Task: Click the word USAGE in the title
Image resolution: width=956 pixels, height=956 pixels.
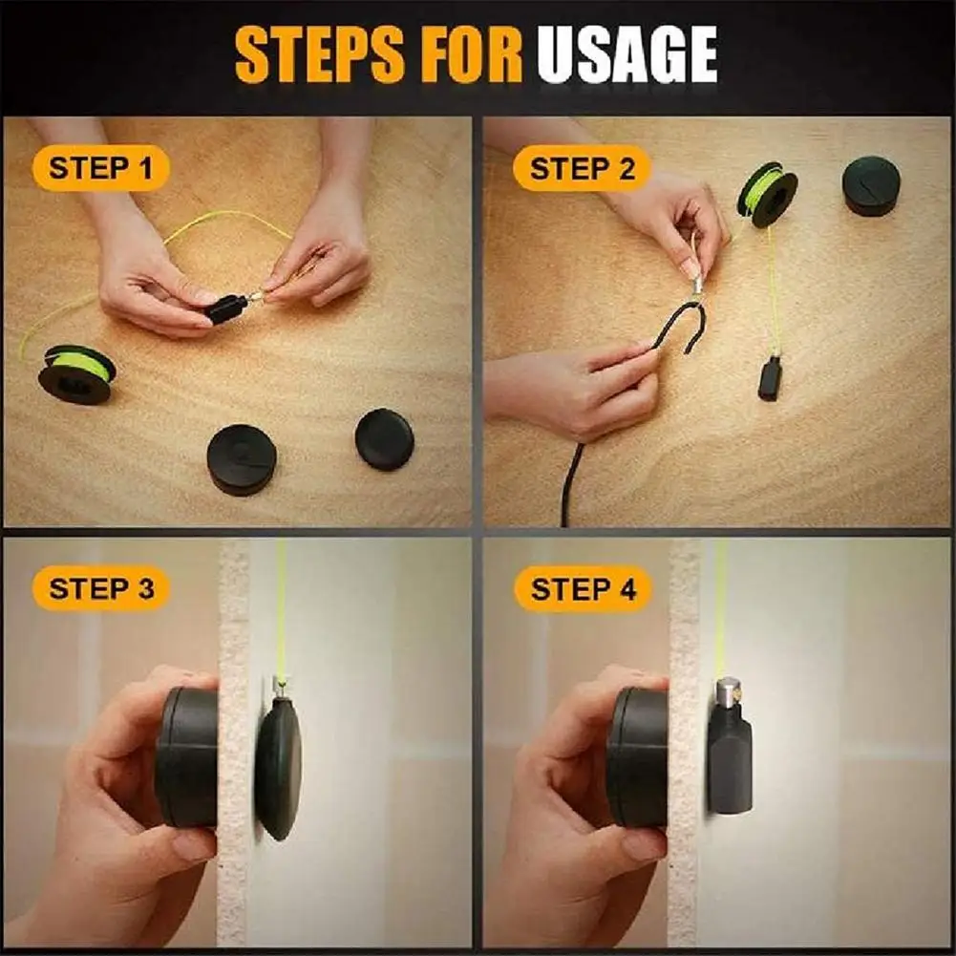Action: (627, 54)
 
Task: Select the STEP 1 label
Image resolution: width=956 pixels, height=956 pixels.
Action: (100, 170)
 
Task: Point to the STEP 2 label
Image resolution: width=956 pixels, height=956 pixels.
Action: (582, 170)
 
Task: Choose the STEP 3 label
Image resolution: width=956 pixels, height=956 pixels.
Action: (100, 588)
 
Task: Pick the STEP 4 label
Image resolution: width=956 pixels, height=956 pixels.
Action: (583, 589)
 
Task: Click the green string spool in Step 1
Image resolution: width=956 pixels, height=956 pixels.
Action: (76, 372)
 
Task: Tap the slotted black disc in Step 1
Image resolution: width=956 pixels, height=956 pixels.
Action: (242, 458)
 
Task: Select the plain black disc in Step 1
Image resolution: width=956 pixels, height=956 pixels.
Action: (384, 438)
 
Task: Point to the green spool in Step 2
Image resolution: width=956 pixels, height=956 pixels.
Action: (767, 194)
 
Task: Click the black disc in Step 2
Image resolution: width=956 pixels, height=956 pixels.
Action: (871, 185)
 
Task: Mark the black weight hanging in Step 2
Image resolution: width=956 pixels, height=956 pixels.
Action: (770, 377)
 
